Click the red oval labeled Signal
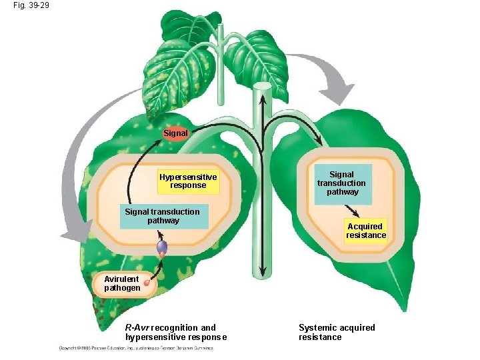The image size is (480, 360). [176, 133]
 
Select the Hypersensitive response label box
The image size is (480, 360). [188, 181]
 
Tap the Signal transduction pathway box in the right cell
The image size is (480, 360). [341, 183]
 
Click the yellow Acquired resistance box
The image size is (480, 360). [366, 231]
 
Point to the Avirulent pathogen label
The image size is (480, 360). [122, 283]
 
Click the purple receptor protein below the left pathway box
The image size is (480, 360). [161, 247]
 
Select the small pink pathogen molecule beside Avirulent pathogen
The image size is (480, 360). [147, 283]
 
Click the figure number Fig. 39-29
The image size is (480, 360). [30, 5]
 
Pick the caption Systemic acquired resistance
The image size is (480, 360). [337, 332]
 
